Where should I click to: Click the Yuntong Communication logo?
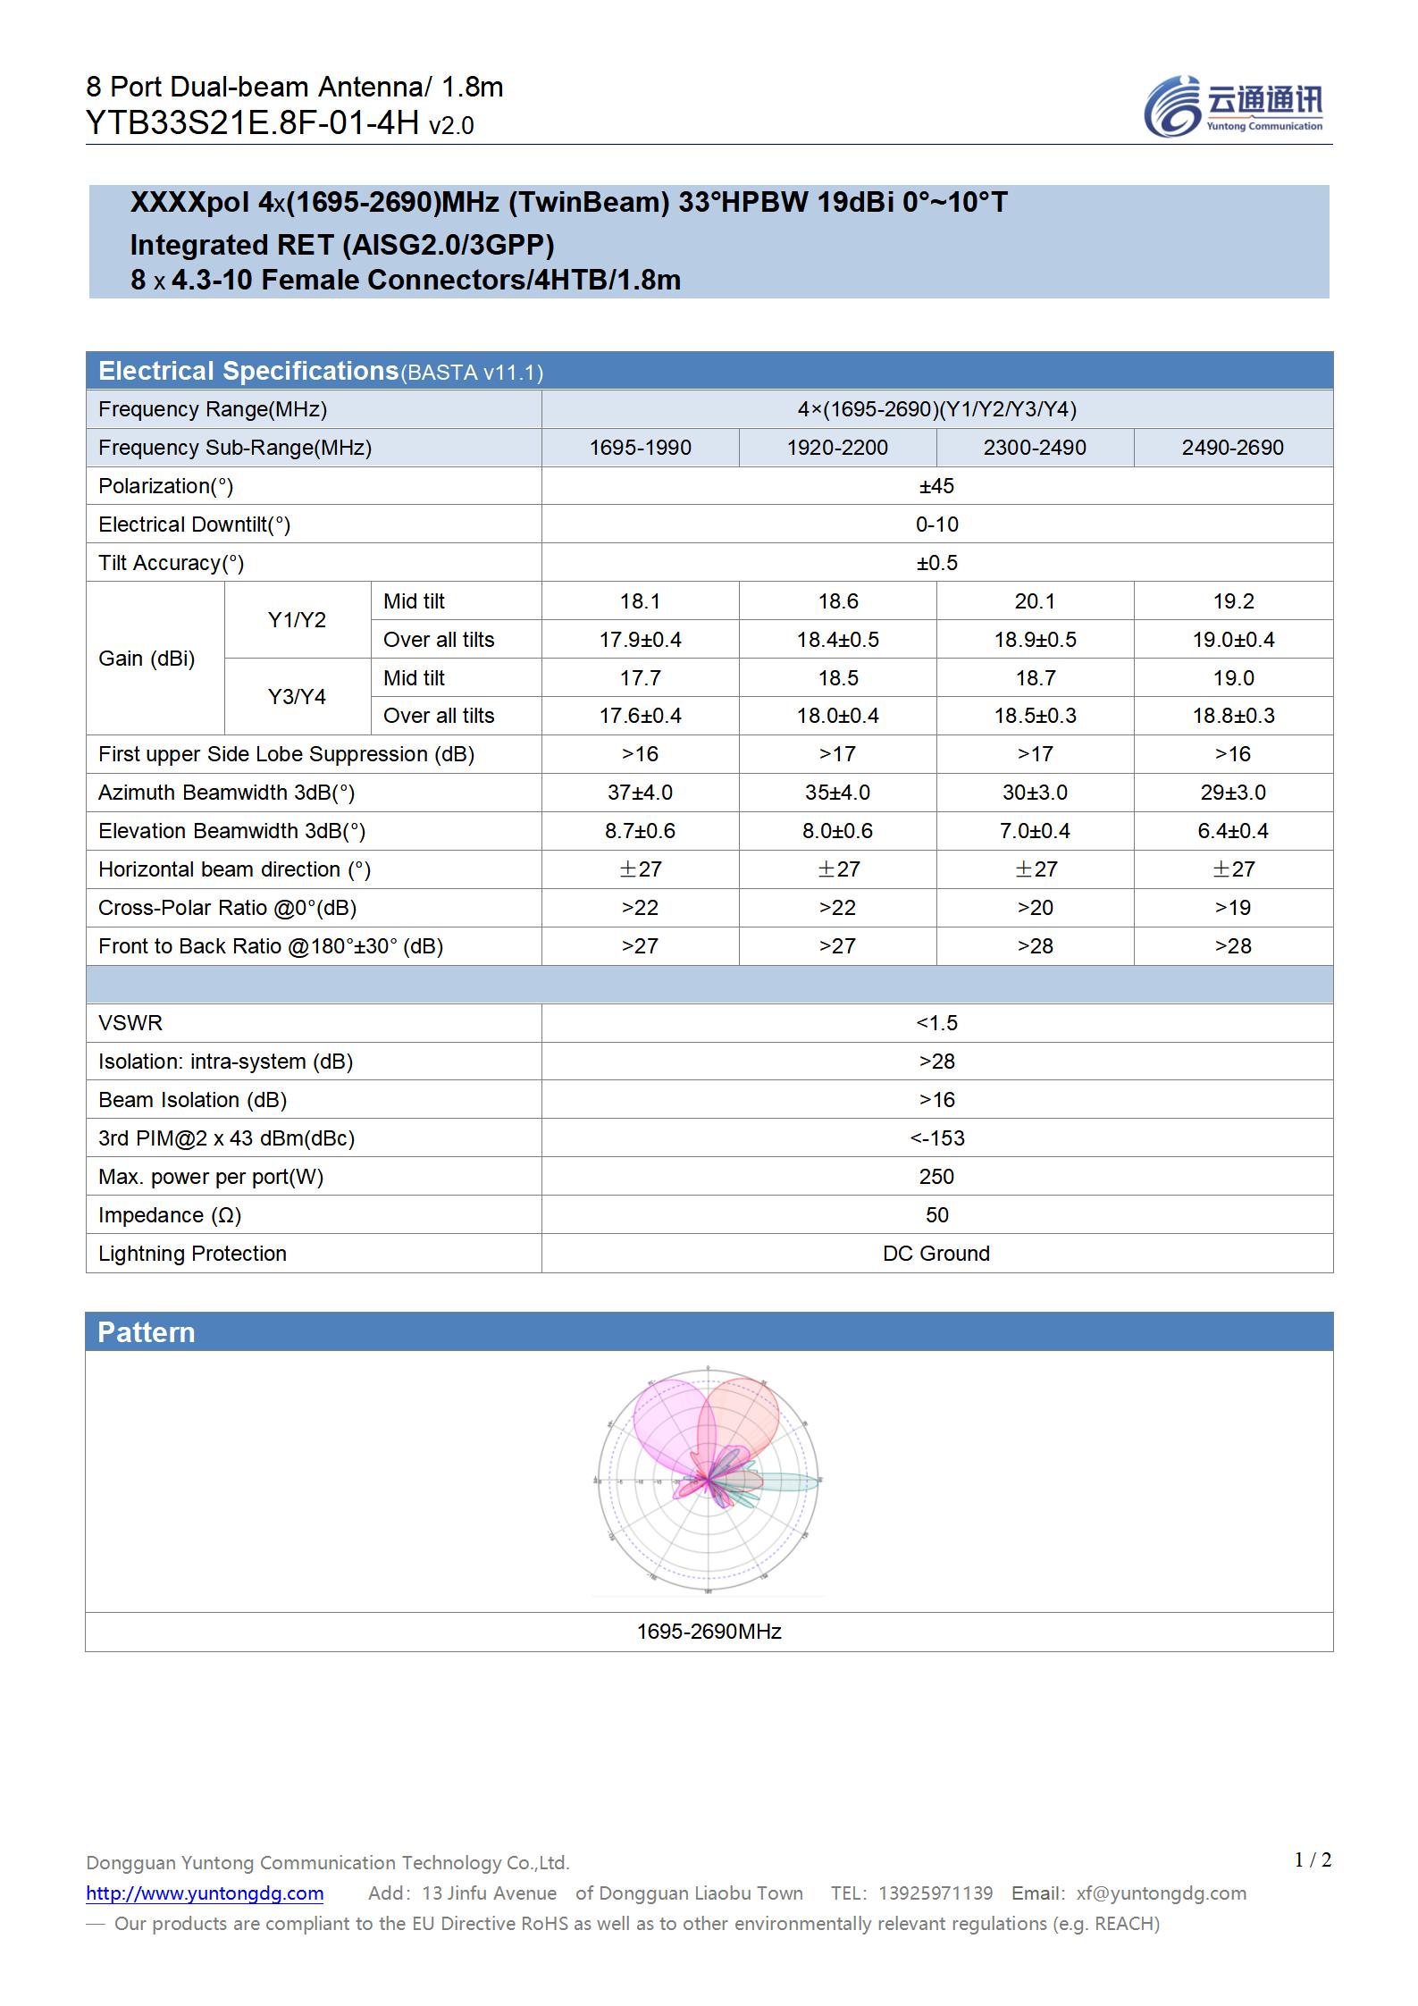1232,106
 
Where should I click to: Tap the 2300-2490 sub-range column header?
1035,448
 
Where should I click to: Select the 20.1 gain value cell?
1035,601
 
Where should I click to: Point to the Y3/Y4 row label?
297,697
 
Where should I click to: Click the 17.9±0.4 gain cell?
640,640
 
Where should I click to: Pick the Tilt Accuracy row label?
171,563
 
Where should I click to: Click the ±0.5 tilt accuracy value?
936,563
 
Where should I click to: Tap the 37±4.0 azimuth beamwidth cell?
640,793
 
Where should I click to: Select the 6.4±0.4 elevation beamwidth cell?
1232,831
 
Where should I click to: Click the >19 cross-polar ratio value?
1232,908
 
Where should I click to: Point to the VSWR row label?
130,1023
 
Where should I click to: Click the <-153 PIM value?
936,1138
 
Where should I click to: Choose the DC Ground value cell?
936,1254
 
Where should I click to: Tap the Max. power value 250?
936,1177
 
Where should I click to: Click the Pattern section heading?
147,1332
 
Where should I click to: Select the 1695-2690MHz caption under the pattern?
709,1632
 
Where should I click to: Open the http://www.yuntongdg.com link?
205,1893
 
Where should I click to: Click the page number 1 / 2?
1313,1859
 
